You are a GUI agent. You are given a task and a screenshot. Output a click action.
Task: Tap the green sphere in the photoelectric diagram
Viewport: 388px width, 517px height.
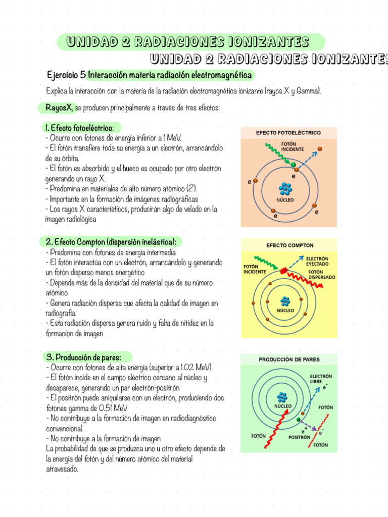coord(293,164)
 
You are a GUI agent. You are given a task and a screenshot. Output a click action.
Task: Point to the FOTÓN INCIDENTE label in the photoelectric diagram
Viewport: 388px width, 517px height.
coord(293,147)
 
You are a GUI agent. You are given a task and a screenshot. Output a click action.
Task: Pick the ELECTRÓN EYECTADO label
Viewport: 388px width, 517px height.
coord(317,261)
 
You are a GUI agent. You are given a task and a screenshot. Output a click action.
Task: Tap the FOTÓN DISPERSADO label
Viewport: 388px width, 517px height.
coord(321,274)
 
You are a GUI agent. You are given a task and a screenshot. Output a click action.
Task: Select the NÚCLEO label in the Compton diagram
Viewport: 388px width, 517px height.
coord(285,311)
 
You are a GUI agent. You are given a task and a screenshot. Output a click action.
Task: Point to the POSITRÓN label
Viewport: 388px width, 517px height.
coord(299,437)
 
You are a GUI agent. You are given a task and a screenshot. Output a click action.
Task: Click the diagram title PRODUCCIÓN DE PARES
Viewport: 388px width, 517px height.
coord(289,359)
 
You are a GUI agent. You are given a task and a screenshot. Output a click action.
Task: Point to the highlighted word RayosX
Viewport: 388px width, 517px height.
coord(58,108)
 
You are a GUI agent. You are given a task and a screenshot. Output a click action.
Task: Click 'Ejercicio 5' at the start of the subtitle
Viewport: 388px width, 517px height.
coord(66,75)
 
